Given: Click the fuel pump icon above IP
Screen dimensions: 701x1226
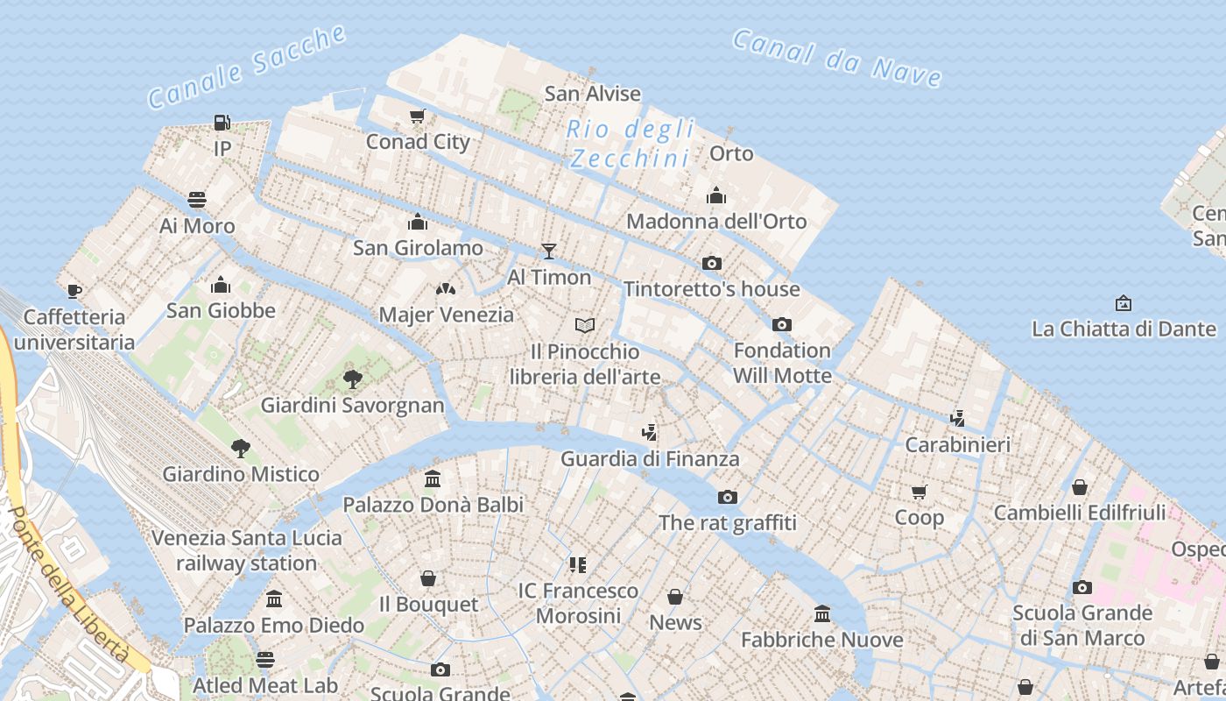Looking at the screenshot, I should click(222, 123).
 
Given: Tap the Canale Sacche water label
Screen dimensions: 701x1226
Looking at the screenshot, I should click(247, 67).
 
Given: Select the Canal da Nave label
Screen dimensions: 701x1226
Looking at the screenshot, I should click(836, 58).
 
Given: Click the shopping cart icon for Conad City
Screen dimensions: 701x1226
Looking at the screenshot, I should click(418, 116).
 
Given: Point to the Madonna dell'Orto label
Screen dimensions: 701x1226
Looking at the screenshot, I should click(716, 221).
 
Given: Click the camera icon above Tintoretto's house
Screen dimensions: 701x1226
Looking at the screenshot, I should click(712, 263).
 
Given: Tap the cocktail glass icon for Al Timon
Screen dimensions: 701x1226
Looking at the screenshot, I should click(549, 251).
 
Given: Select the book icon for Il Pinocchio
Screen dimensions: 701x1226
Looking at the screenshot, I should click(585, 326).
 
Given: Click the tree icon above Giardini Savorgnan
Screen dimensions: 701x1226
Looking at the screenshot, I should click(353, 379).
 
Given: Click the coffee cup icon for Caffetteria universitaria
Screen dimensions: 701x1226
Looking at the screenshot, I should click(74, 291).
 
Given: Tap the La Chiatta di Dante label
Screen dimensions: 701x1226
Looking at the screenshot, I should click(1124, 329).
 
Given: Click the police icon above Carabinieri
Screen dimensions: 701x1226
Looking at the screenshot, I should click(957, 419).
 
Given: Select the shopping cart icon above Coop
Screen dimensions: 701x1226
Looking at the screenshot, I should click(919, 492).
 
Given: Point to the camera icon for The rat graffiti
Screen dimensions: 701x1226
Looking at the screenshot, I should click(728, 498).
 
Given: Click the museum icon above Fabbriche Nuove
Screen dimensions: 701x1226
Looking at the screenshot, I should click(821, 613).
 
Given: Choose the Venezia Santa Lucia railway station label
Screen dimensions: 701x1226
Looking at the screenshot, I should click(246, 549).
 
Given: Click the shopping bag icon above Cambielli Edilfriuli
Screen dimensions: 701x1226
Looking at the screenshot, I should click(1080, 487).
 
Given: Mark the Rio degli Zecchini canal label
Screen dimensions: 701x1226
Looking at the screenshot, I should click(631, 144).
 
